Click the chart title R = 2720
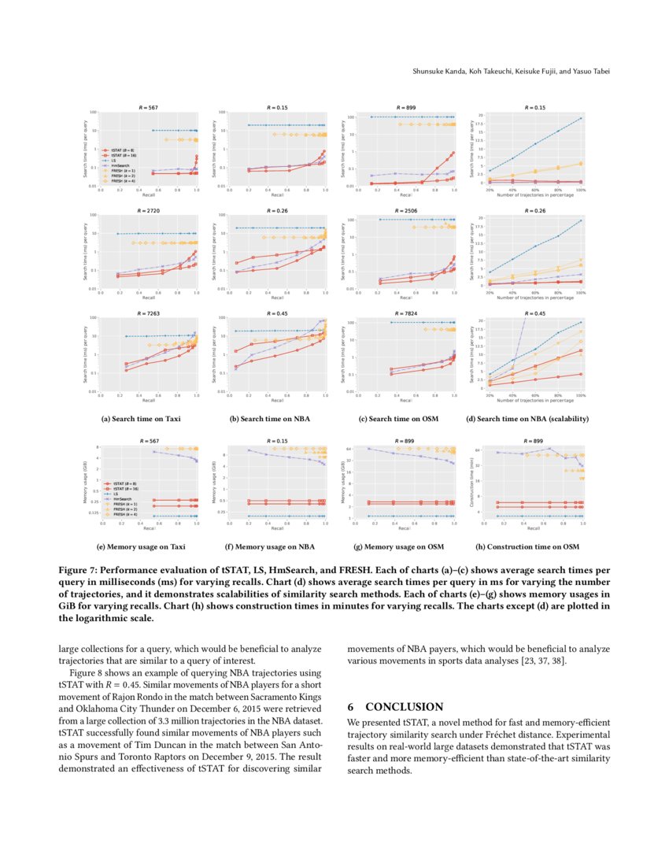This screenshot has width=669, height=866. (x=148, y=211)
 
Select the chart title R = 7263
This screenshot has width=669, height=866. (x=148, y=313)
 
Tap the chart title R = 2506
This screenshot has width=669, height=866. (x=405, y=211)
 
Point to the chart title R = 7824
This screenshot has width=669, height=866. (x=405, y=313)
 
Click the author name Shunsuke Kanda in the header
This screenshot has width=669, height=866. (x=438, y=72)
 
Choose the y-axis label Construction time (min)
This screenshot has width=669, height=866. (x=471, y=483)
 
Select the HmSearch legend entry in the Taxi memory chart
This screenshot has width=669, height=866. (x=121, y=500)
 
